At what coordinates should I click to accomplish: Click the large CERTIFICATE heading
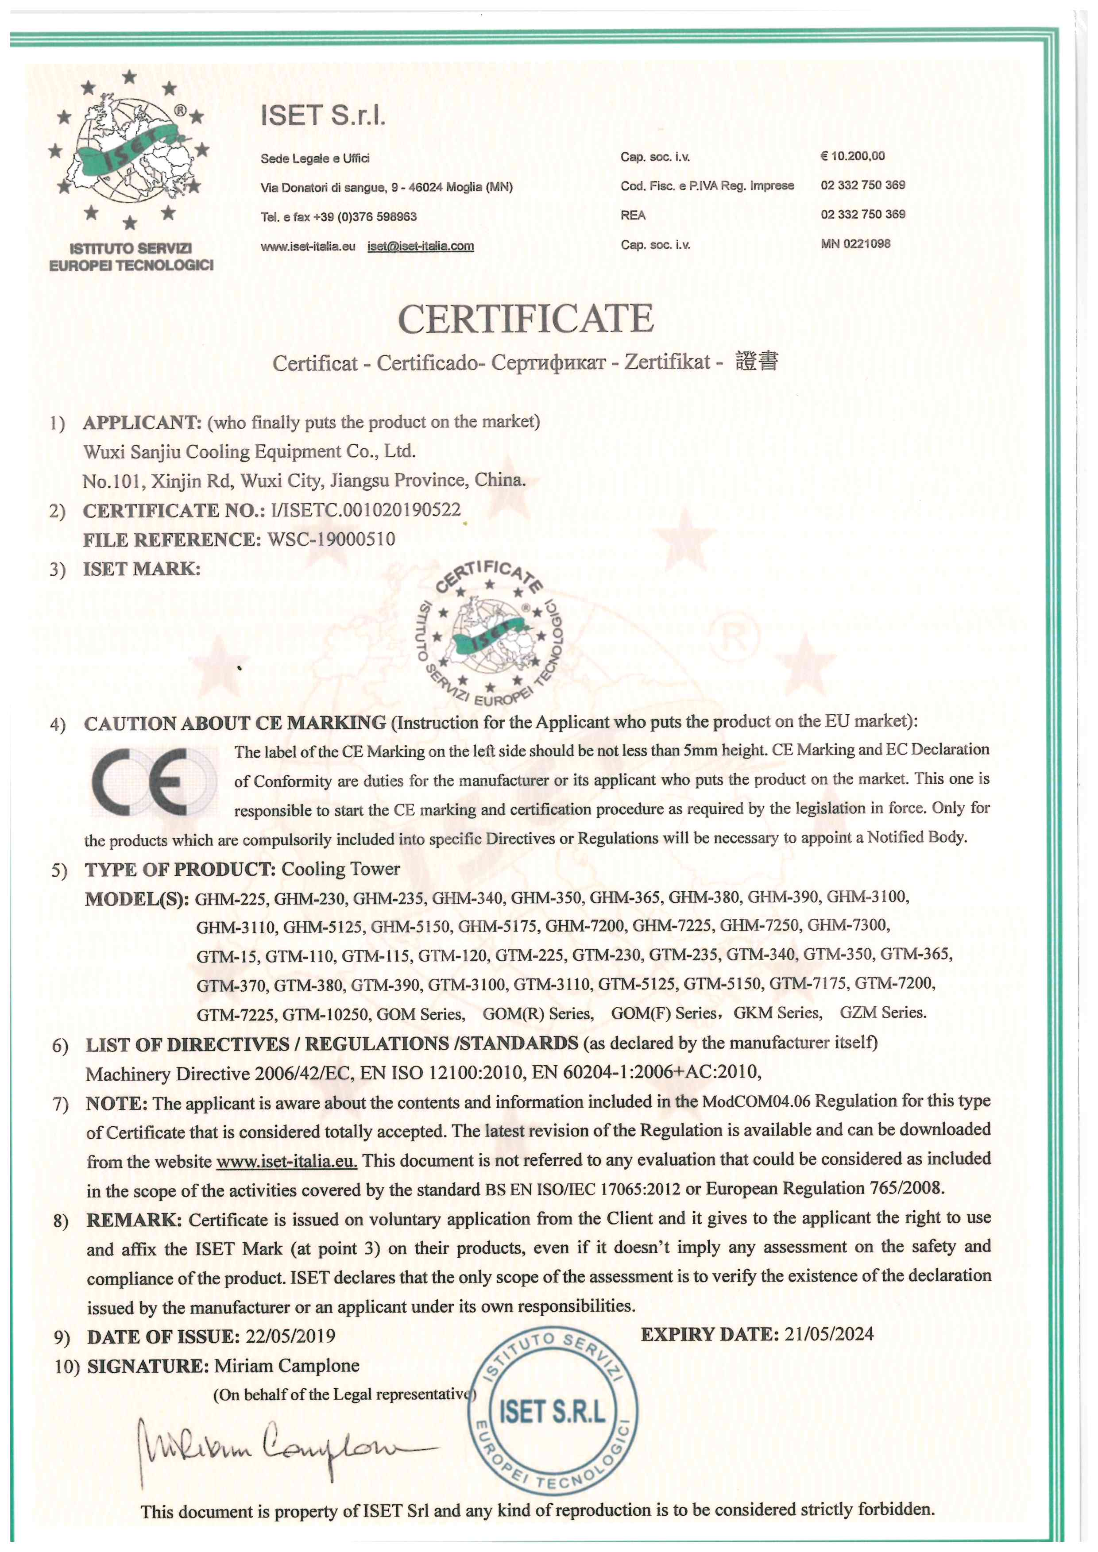pyautogui.click(x=526, y=319)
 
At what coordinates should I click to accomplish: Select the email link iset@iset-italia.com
pyautogui.click(x=421, y=246)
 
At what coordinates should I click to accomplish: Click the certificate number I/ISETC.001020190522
pyautogui.click(x=366, y=510)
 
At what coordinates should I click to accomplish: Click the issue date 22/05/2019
pyautogui.click(x=291, y=1336)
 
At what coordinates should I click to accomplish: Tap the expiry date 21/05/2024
pyautogui.click(x=829, y=1334)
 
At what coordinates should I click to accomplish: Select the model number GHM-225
pyautogui.click(x=232, y=899)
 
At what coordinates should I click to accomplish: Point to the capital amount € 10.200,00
pyautogui.click(x=853, y=156)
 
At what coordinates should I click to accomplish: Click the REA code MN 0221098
pyautogui.click(x=855, y=243)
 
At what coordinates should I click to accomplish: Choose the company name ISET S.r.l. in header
pyautogui.click(x=323, y=116)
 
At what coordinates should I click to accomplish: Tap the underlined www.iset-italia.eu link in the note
pyautogui.click(x=286, y=1161)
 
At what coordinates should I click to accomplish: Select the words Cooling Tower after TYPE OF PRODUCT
pyautogui.click(x=341, y=869)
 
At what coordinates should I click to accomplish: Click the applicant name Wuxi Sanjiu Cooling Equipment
pyautogui.click(x=249, y=451)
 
